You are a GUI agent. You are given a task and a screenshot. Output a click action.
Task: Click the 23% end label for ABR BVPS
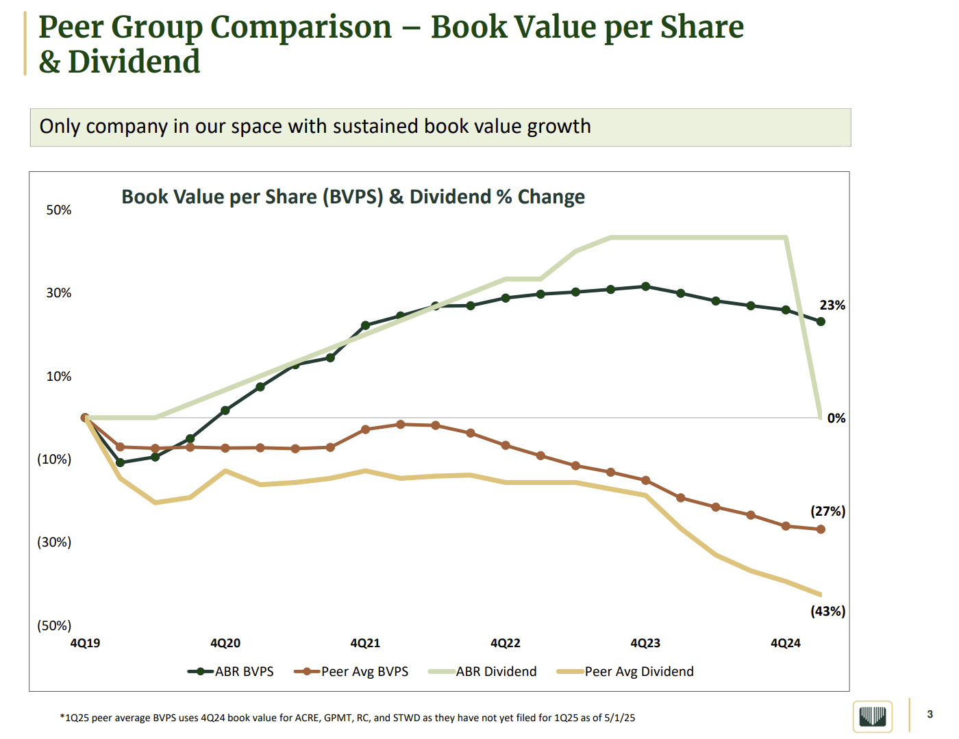coord(832,305)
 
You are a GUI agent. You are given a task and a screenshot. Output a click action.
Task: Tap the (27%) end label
coord(827,512)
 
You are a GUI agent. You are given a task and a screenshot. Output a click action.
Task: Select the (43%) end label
coord(827,612)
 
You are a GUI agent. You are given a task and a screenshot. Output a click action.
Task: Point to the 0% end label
coord(836,418)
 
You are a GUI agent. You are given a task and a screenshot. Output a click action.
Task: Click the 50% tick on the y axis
coord(59,210)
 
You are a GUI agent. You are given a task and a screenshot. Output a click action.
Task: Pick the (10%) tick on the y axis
coord(54,460)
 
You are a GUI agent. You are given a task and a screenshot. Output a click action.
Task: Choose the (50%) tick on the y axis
coord(54,626)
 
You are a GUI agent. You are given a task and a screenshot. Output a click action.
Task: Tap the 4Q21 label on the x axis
coord(365,644)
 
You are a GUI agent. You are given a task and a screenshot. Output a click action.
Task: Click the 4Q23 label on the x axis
coord(645,644)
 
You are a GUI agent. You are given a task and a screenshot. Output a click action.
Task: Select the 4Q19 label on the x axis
coord(85,644)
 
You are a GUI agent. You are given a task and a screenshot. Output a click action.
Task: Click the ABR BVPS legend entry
coord(231,672)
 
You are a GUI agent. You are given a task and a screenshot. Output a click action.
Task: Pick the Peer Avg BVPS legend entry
coord(351,672)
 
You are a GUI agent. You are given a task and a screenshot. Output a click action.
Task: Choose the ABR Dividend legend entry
coord(483,672)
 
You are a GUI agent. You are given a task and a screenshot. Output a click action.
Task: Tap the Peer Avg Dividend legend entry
coord(625,672)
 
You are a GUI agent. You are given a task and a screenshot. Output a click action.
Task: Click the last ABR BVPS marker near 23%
coord(821,321)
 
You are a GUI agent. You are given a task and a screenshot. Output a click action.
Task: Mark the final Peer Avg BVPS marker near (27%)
coord(821,529)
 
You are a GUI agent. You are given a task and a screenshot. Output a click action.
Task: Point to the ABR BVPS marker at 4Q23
coord(645,286)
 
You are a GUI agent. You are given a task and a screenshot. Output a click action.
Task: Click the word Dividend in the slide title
coord(134,62)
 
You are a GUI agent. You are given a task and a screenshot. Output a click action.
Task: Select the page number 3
coord(930,714)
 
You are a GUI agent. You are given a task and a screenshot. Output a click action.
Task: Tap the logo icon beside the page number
coord(873,717)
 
